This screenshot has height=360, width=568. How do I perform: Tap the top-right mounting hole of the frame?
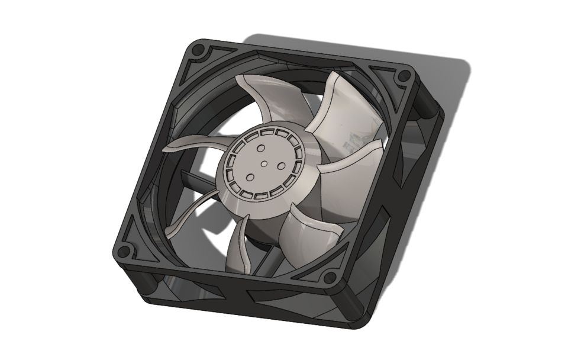404,76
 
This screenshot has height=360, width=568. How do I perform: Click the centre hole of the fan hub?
264,165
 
